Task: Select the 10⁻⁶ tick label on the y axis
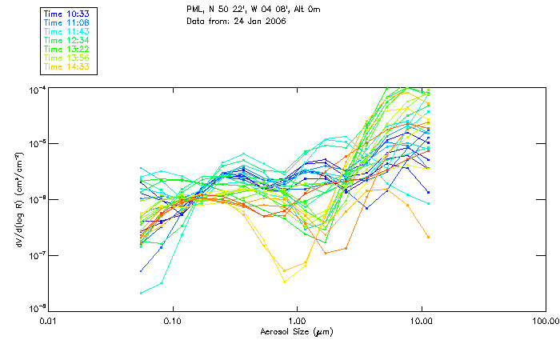36,199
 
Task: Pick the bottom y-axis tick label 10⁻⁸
36,309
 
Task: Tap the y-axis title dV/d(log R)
18,199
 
